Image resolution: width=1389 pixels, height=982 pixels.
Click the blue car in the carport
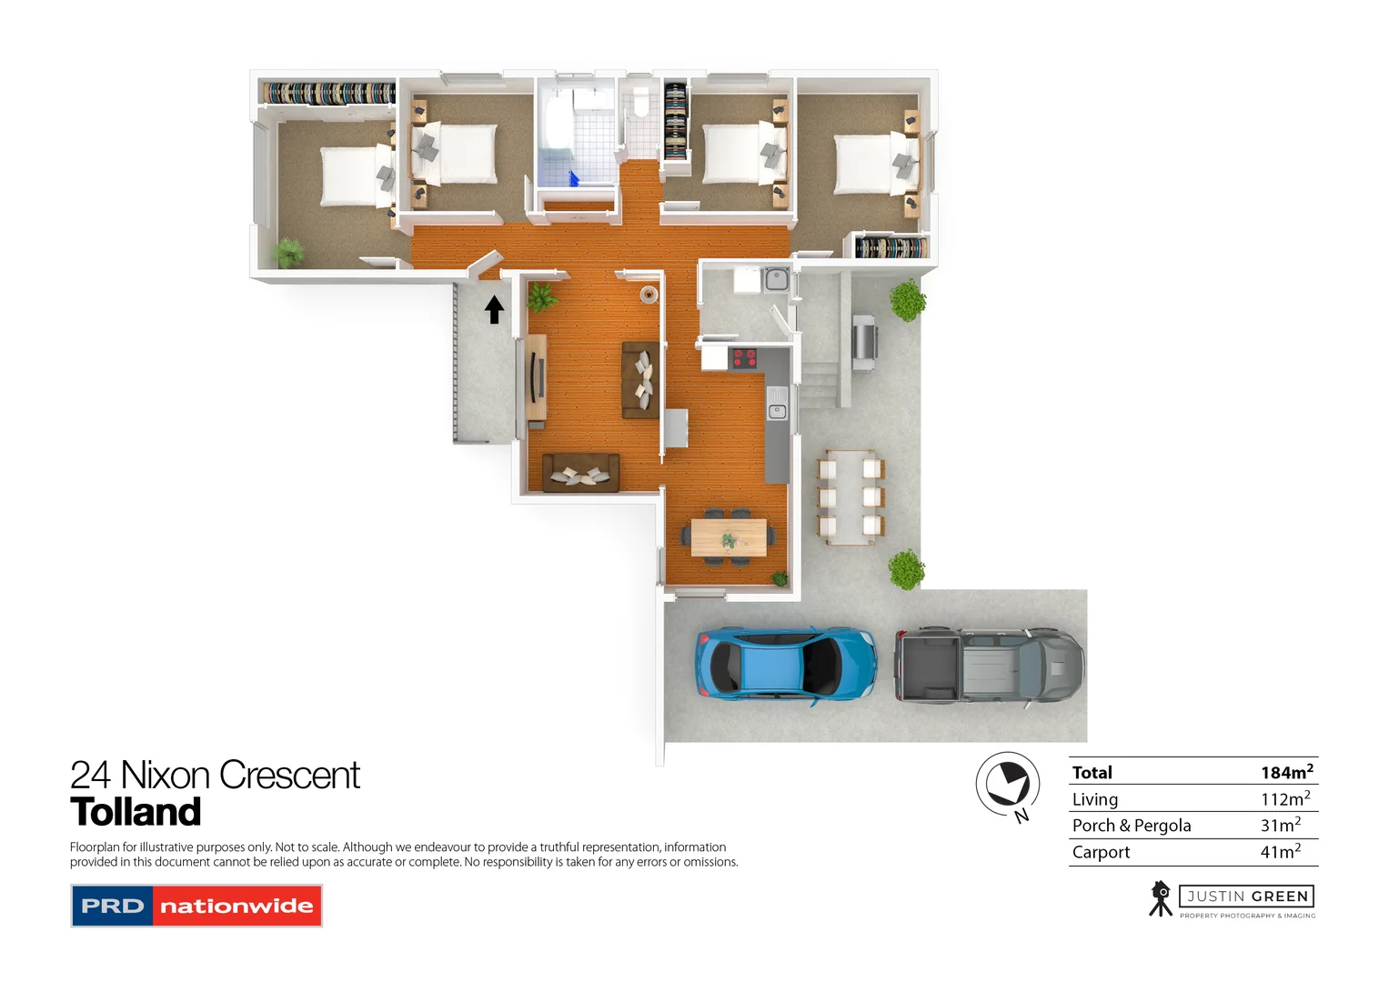pyautogui.click(x=785, y=665)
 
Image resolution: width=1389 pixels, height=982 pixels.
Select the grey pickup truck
pyautogui.click(x=989, y=665)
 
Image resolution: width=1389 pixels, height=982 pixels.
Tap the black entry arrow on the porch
pyautogui.click(x=494, y=310)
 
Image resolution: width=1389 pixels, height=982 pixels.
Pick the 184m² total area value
pyautogui.click(x=1285, y=772)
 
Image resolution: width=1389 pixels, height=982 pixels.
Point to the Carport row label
pyautogui.click(x=1101, y=852)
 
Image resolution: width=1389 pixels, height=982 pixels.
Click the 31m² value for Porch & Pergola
pyautogui.click(x=1280, y=825)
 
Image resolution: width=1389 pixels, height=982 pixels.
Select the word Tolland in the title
pyautogui.click(x=136, y=812)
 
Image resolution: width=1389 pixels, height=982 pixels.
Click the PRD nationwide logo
pyautogui.click(x=196, y=906)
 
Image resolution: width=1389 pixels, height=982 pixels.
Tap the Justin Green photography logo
pyautogui.click(x=1233, y=899)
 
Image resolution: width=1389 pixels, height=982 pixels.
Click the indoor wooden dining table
pyautogui.click(x=728, y=536)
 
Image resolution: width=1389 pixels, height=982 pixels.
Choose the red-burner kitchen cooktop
pyautogui.click(x=744, y=358)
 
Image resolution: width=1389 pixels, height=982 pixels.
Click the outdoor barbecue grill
pyautogui.click(x=863, y=342)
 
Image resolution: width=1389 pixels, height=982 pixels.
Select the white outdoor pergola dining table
pyautogui.click(x=851, y=497)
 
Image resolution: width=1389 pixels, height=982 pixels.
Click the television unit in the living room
pyautogui.click(x=536, y=381)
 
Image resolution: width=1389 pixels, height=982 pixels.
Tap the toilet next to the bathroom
pyautogui.click(x=640, y=102)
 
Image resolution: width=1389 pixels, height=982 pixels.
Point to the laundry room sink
pyautogui.click(x=776, y=278)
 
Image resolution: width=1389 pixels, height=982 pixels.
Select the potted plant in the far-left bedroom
pyautogui.click(x=289, y=252)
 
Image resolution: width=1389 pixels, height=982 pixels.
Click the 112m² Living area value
pyautogui.click(x=1284, y=799)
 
